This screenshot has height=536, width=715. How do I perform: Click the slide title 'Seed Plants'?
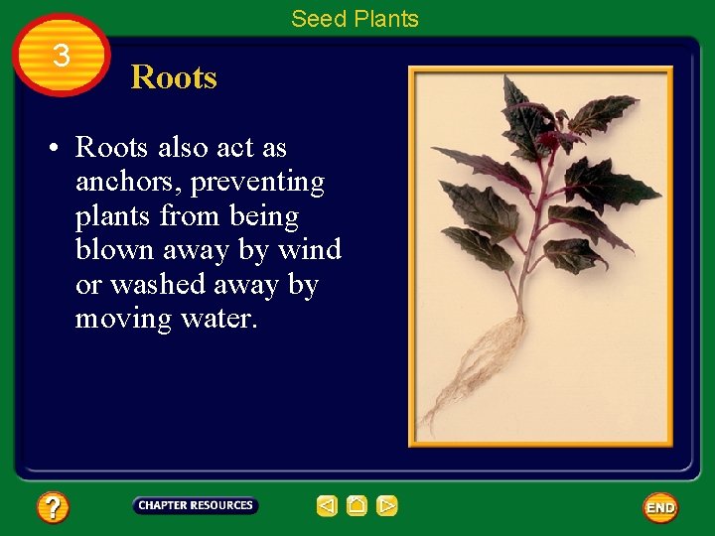(x=355, y=18)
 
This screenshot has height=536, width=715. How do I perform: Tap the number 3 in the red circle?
(x=62, y=57)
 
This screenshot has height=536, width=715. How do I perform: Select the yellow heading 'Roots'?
(x=174, y=77)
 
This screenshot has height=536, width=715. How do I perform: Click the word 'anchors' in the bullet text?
(x=122, y=183)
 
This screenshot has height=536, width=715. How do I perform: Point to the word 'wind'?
(x=310, y=250)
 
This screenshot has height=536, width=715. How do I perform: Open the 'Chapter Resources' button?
(x=196, y=505)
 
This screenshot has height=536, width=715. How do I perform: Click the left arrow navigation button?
(x=327, y=506)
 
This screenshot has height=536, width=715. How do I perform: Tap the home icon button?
(x=357, y=506)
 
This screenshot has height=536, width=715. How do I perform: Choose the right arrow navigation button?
(x=387, y=506)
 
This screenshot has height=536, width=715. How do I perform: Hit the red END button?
(x=660, y=507)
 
